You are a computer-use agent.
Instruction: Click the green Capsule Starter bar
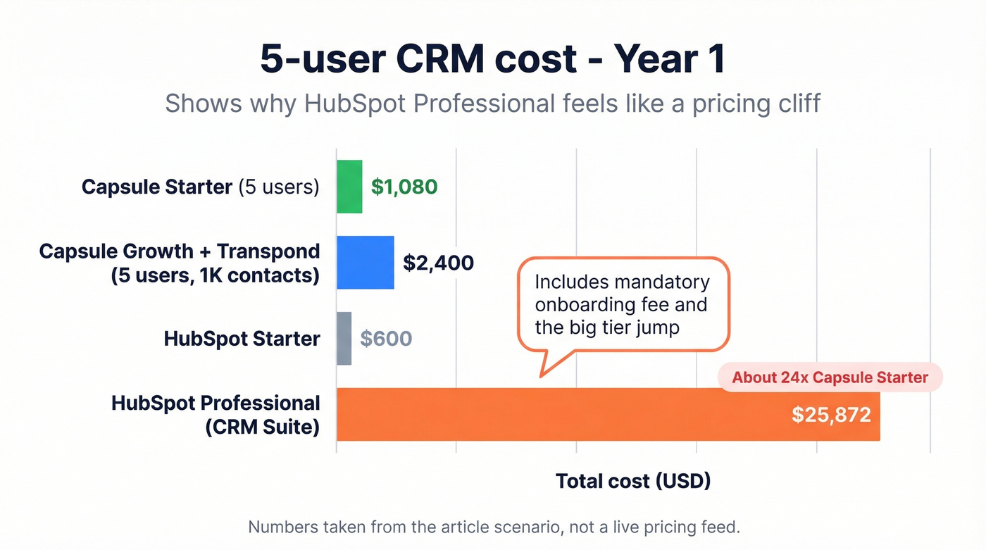(x=349, y=187)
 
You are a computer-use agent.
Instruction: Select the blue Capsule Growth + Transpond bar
(x=365, y=263)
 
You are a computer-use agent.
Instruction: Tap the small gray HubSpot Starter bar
(x=344, y=339)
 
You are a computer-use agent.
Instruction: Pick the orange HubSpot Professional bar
(x=563, y=414)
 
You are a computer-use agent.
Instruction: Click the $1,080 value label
(x=404, y=187)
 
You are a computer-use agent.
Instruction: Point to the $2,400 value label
(x=438, y=263)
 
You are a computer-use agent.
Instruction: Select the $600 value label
(x=386, y=339)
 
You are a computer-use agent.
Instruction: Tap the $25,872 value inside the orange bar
(x=831, y=414)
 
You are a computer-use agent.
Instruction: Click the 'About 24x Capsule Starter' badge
(x=830, y=377)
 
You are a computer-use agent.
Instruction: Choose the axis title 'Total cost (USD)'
(x=633, y=481)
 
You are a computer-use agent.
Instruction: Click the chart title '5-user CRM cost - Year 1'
(x=492, y=59)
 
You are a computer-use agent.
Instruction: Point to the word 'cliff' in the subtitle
(x=795, y=104)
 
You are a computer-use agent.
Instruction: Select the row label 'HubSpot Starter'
(x=242, y=339)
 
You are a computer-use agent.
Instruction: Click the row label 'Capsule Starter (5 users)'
(x=200, y=187)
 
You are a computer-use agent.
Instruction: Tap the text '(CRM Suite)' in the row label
(x=262, y=427)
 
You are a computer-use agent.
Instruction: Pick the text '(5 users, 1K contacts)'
(x=215, y=275)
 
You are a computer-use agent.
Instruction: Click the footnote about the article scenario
(x=494, y=527)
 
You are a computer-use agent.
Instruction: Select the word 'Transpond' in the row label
(x=268, y=251)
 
